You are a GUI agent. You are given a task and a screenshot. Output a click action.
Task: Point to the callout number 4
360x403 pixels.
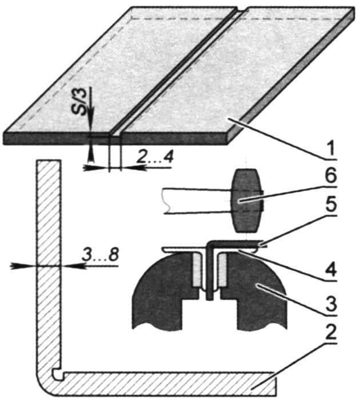331,270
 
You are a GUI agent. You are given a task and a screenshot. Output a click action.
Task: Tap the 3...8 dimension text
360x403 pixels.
100,255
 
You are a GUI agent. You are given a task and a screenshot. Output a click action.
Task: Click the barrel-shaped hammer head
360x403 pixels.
247,201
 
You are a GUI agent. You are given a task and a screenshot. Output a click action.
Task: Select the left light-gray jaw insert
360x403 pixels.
197,270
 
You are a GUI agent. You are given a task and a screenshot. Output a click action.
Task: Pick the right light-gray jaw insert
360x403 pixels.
222,270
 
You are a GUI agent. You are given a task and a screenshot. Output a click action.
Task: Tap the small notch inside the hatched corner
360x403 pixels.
57,374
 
